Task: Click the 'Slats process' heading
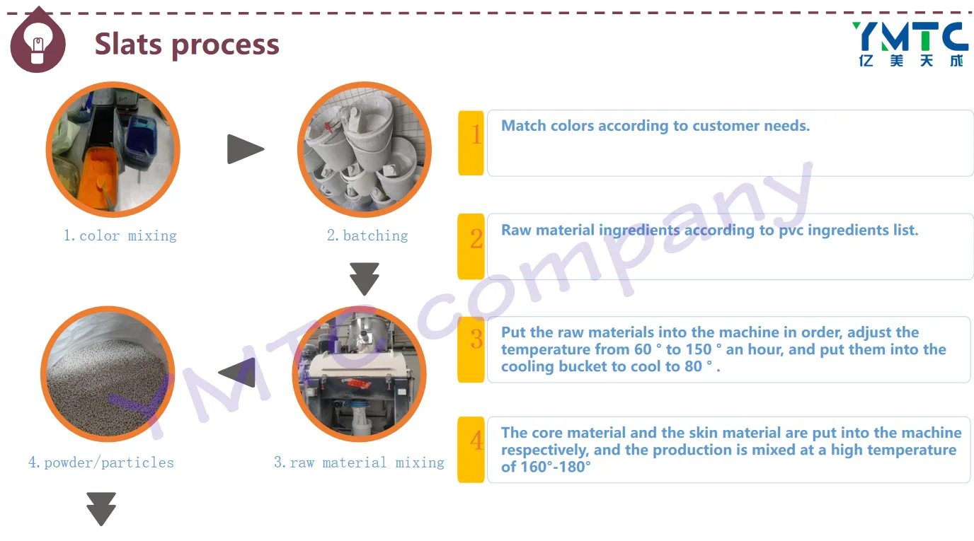point(187,44)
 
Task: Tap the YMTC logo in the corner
point(910,45)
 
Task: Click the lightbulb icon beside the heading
point(38,42)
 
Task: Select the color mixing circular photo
point(113,149)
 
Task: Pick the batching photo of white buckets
point(365,149)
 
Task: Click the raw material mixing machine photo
point(360,374)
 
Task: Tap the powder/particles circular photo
point(108,374)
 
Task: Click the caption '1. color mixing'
point(120,235)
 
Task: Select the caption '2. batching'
point(367,235)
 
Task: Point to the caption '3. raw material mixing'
point(359,463)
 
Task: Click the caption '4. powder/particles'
point(101,463)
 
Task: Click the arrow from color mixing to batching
point(245,149)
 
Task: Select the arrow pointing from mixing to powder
point(237,373)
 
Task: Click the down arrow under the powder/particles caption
point(101,509)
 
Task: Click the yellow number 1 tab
point(471,143)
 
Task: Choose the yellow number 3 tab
point(471,349)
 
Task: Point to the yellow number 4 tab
point(471,450)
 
